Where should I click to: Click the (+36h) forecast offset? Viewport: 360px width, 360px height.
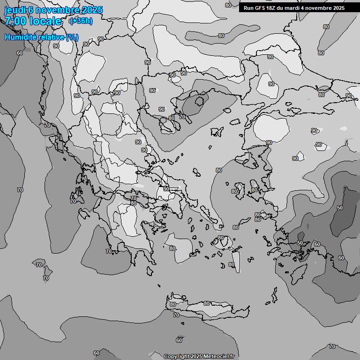pyautogui.click(x=81, y=21)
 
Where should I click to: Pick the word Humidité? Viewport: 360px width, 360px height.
pyautogui.click(x=22, y=37)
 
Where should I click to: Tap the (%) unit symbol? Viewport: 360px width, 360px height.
pyautogui.click(x=72, y=37)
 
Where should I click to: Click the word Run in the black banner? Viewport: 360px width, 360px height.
pyautogui.click(x=249, y=8)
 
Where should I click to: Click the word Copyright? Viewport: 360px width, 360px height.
pyautogui.click(x=176, y=357)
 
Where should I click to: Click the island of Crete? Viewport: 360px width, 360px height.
pyautogui.click(x=206, y=309)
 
